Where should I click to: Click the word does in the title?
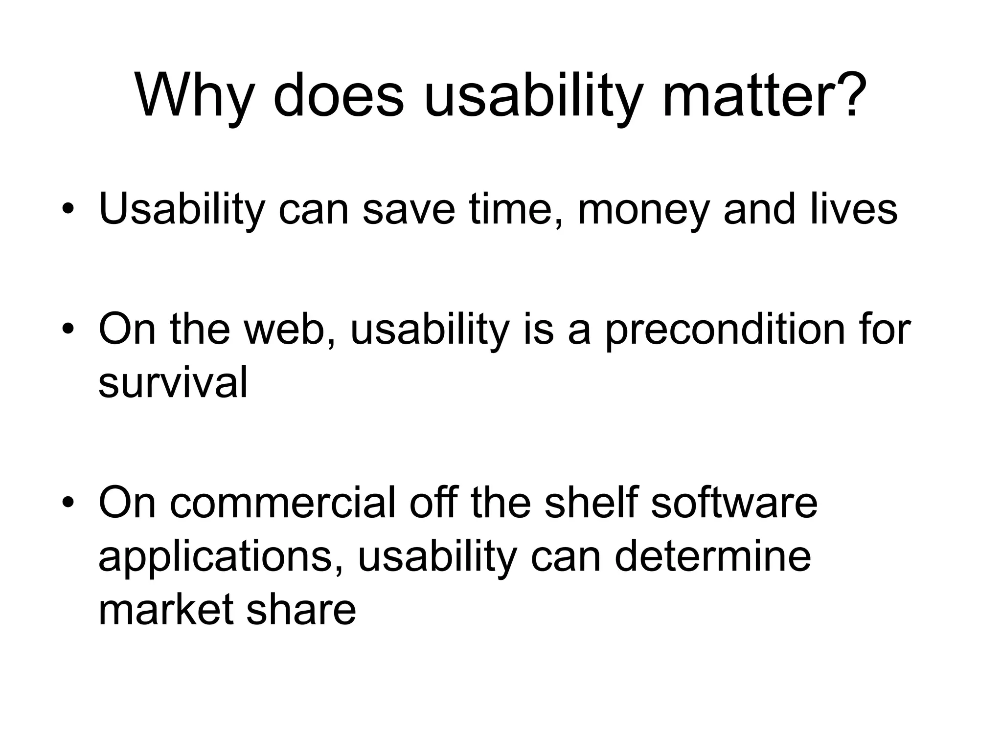click(x=338, y=95)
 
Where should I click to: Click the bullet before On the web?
click(x=68, y=329)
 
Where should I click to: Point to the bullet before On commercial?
click(x=68, y=503)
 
